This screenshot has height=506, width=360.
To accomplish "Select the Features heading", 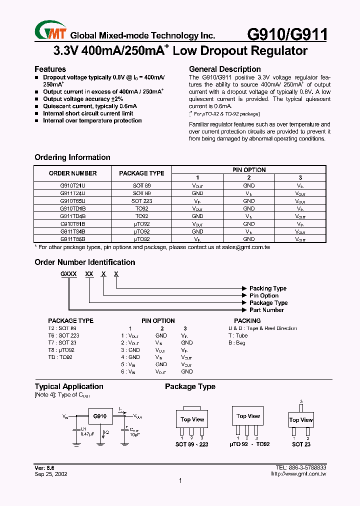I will (50, 69).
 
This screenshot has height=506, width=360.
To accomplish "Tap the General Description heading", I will (224, 69).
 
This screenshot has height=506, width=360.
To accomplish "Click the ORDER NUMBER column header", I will (72, 173).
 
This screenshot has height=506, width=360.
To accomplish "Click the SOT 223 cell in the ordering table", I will (141, 200).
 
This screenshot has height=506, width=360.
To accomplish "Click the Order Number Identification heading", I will (84, 262).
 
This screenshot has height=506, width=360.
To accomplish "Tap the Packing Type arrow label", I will (268, 288).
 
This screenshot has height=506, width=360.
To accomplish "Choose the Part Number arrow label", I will (266, 310).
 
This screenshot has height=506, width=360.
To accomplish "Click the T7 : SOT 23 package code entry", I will (63, 343).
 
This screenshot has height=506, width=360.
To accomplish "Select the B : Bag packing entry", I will (237, 343).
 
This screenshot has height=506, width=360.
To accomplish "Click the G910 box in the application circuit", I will (100, 416).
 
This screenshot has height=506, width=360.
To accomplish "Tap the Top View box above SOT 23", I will (301, 420).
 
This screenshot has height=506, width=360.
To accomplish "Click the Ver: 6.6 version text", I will (44, 467).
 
